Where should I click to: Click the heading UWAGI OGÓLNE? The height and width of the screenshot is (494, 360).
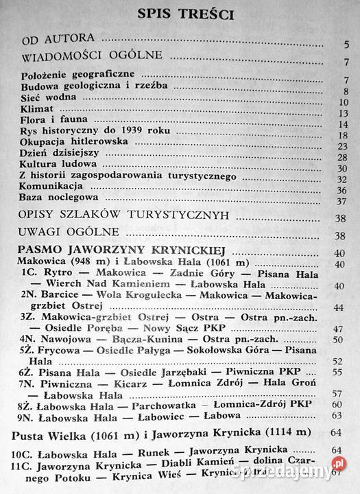[x=70, y=231]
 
